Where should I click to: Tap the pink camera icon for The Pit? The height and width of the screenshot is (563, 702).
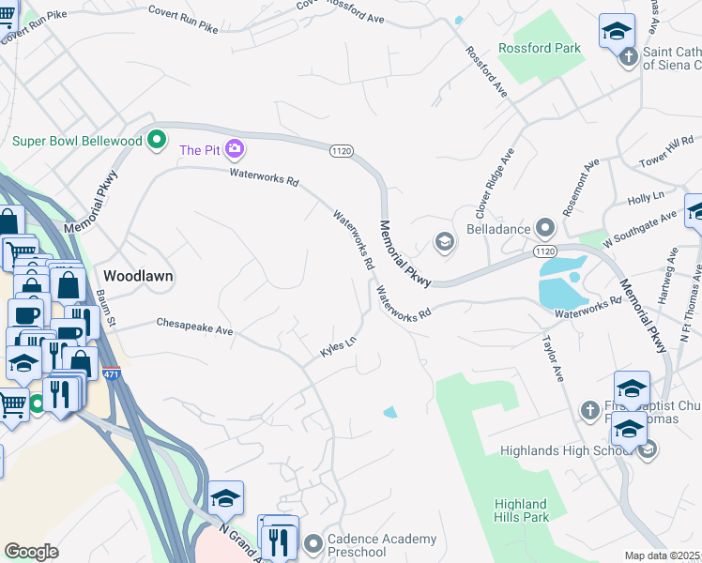click(234, 149)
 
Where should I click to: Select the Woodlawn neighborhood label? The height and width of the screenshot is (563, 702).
click(137, 277)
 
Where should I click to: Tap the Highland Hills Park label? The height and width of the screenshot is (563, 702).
click(521, 510)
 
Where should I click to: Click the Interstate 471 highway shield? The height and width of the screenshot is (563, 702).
click(111, 373)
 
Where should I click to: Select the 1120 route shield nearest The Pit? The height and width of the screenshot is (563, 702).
click(341, 150)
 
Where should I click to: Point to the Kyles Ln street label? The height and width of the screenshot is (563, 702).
click(339, 348)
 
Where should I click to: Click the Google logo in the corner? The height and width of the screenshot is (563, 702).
click(31, 552)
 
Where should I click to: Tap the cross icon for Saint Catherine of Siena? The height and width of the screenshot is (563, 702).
click(629, 58)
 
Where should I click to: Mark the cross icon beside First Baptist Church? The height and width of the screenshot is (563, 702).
click(588, 409)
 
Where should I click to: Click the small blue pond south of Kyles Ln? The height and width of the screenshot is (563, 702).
click(389, 412)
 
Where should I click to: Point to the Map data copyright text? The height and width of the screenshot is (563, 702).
click(662, 555)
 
